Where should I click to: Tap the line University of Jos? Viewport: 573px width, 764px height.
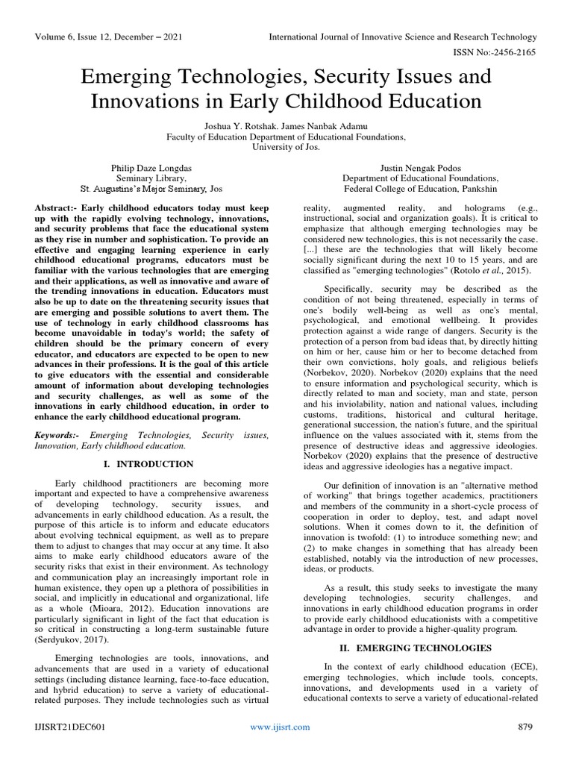coord(286,148)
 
